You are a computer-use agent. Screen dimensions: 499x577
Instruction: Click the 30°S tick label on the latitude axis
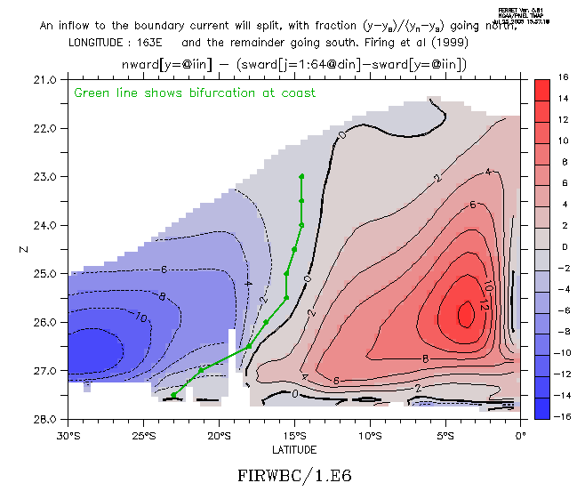(68, 436)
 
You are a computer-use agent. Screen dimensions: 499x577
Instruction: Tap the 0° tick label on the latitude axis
(521, 436)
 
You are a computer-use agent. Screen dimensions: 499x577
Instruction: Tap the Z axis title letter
(19, 249)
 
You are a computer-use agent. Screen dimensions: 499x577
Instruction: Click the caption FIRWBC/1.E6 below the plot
(294, 476)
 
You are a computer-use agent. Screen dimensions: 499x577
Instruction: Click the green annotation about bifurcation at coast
(195, 93)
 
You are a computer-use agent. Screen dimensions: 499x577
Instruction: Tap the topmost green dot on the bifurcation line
(302, 176)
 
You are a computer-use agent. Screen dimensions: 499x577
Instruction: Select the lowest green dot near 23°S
(174, 394)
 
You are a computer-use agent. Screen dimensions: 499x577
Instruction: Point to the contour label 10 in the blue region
(141, 316)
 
